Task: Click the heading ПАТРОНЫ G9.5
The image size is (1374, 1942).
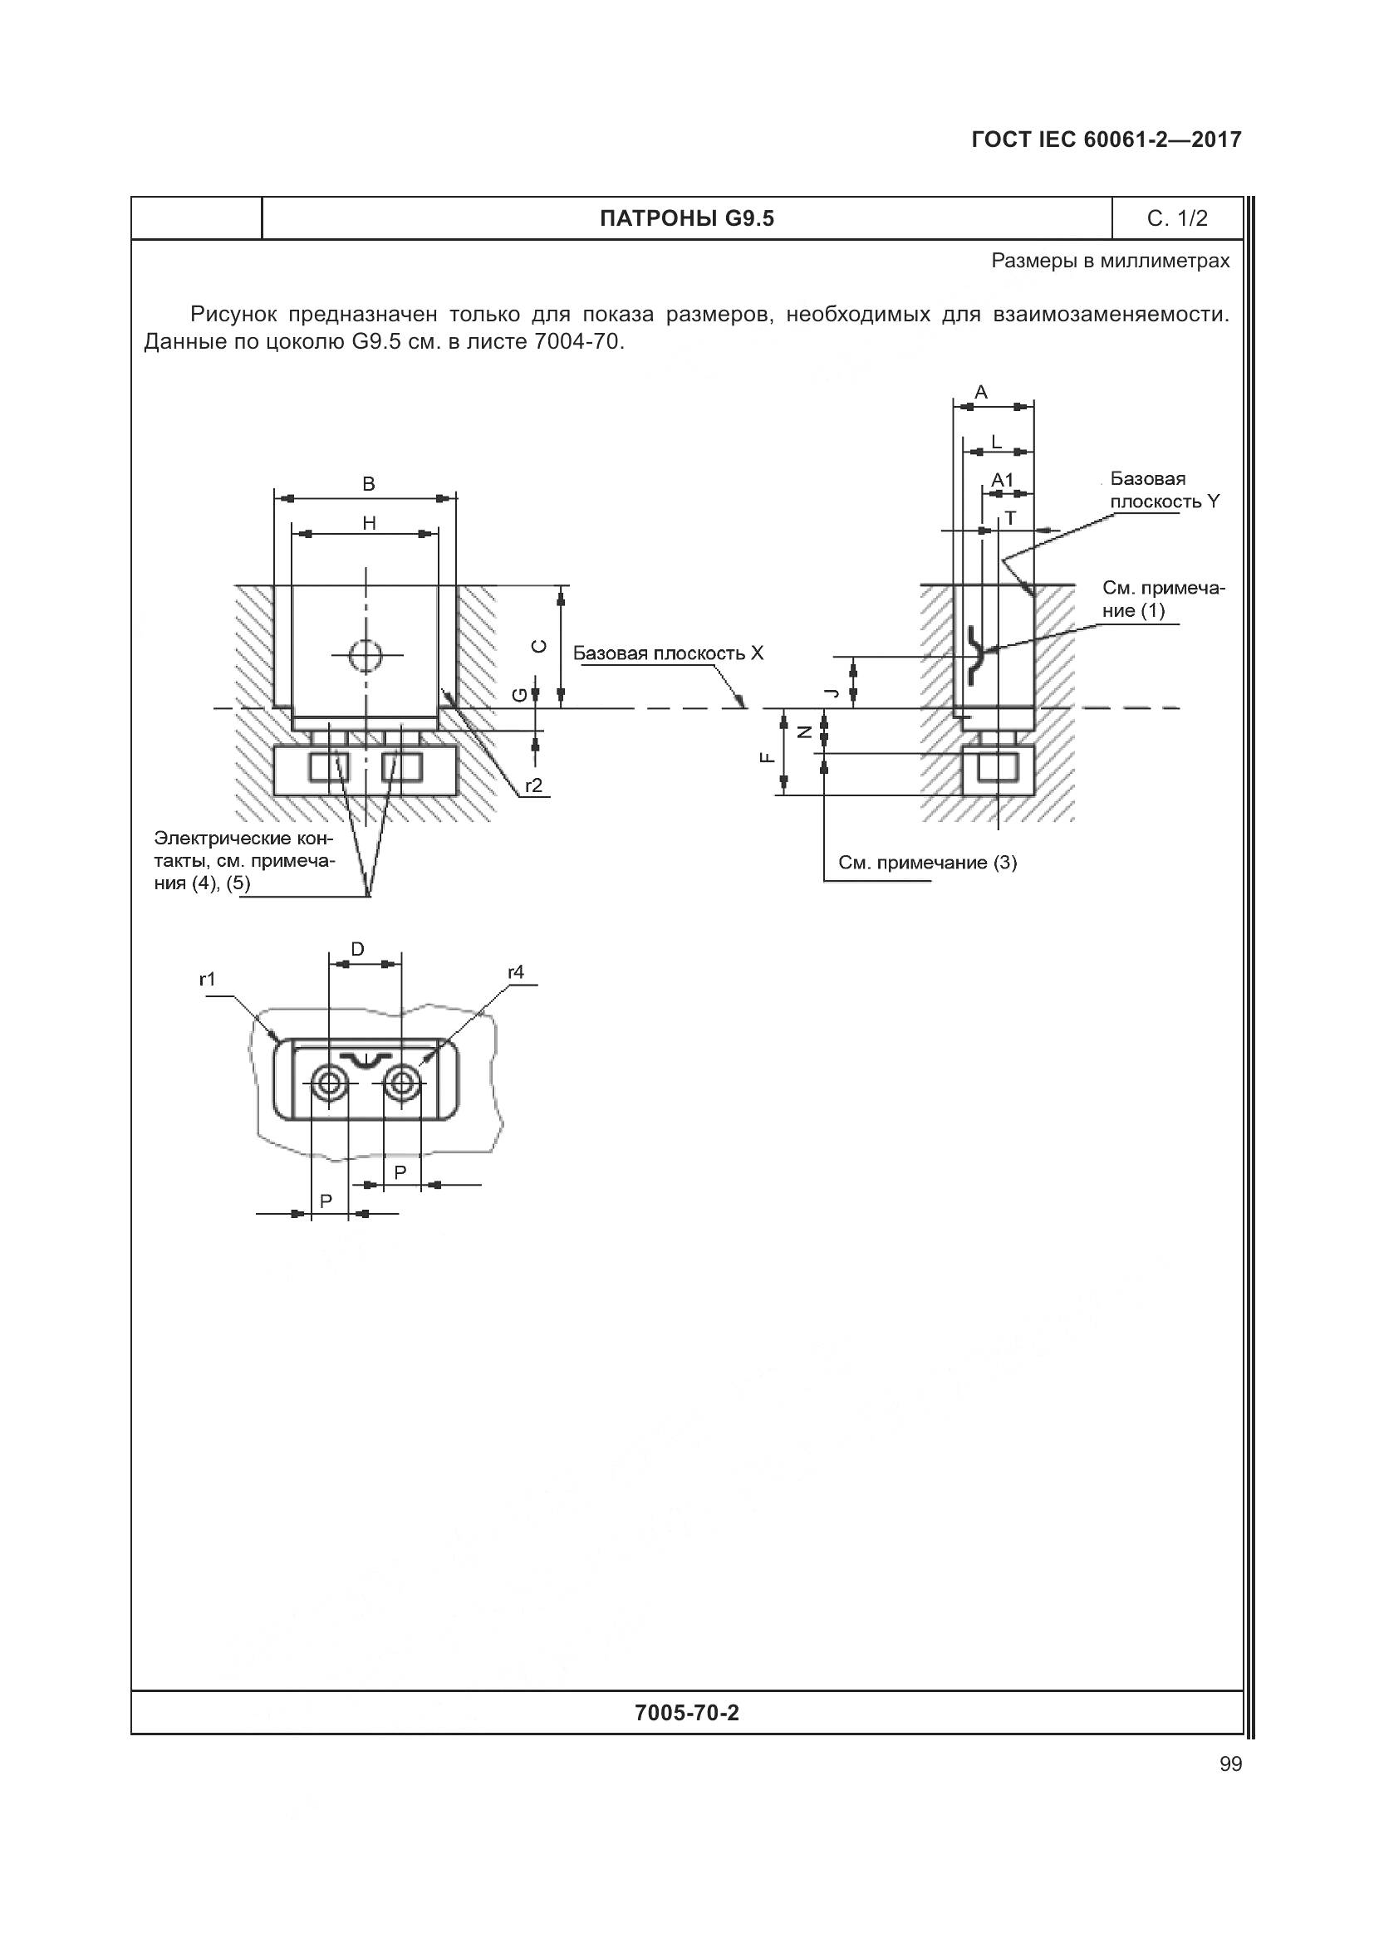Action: point(686,219)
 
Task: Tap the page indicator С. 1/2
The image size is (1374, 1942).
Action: point(1177,219)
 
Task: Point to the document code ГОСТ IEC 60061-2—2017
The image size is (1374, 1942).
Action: point(1106,140)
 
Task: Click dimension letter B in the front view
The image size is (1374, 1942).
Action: point(368,484)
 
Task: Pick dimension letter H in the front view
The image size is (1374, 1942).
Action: point(369,524)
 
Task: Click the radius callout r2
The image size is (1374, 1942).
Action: point(533,785)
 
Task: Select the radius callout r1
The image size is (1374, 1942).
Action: point(208,980)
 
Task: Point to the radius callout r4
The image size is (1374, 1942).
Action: point(515,973)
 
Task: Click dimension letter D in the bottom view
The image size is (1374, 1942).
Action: point(357,949)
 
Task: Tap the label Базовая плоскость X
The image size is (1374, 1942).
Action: point(668,653)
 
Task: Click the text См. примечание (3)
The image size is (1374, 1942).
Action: point(927,863)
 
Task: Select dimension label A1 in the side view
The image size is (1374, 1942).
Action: point(1002,481)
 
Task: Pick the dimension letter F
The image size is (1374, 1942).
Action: point(767,758)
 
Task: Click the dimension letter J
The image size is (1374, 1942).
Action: point(832,692)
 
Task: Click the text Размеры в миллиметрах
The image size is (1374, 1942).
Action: point(1110,262)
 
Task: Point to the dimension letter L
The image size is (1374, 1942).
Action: point(996,442)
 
